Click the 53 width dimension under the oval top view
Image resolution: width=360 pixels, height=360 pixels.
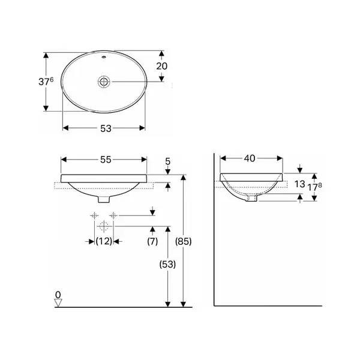106,128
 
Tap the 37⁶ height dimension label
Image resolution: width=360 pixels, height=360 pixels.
46,82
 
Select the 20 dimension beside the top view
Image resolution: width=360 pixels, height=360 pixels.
162,66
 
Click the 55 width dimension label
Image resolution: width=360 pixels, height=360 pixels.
106,160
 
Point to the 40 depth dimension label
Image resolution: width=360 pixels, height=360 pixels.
250,158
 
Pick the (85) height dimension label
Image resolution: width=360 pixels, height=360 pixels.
183,241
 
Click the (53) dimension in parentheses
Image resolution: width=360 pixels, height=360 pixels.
167,264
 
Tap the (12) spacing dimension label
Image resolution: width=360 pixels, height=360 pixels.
104,241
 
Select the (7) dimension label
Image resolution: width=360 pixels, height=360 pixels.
152,241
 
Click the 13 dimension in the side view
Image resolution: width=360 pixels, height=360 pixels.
299,184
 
